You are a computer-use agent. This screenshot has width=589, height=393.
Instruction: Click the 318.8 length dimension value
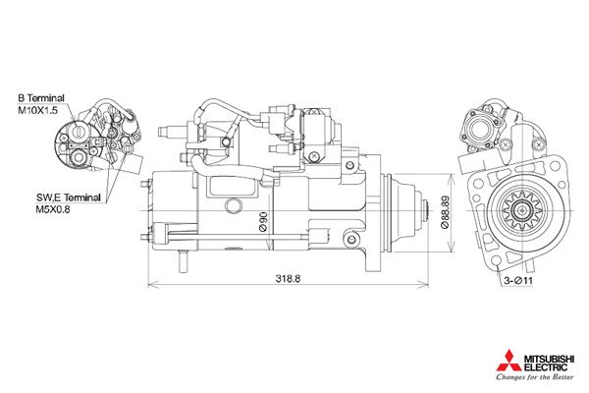click(287, 279)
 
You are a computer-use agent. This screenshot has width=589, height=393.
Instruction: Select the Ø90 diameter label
click(264, 220)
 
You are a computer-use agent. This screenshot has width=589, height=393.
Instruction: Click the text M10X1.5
click(38, 112)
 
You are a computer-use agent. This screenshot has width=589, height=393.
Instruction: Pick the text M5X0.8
click(55, 209)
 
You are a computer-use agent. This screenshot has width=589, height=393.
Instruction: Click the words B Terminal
click(41, 99)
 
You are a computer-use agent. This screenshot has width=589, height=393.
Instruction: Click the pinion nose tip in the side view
click(428, 208)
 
